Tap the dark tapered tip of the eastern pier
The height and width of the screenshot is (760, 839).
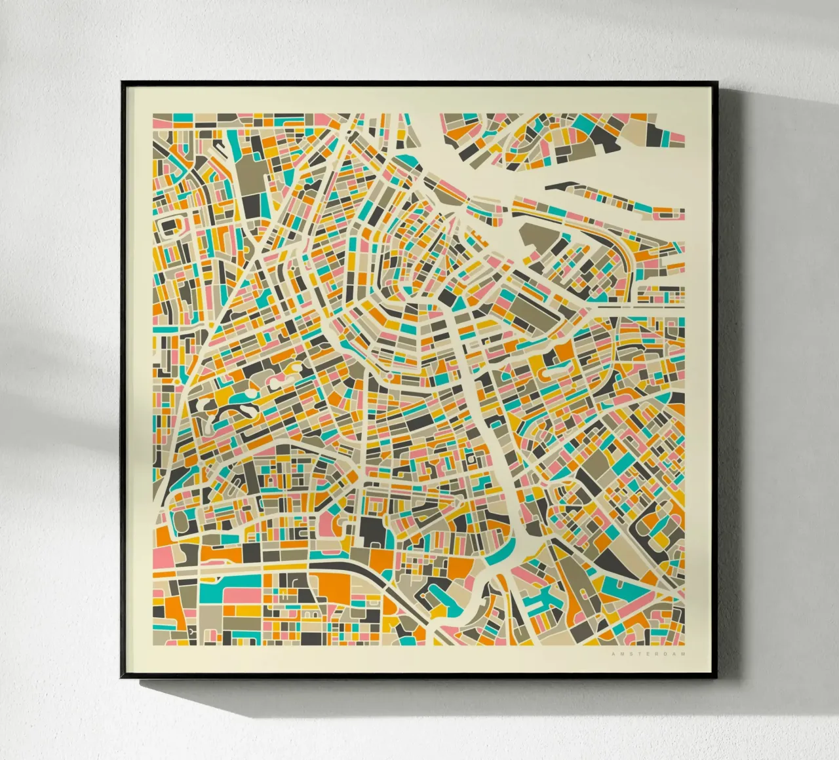(x=557, y=187)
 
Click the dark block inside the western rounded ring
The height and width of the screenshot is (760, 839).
(x=169, y=225)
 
